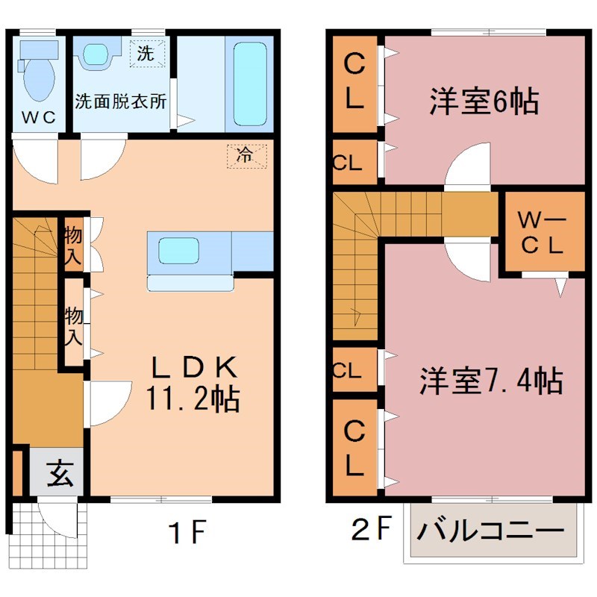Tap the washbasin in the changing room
[x=96, y=54]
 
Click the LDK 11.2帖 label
[x=196, y=383]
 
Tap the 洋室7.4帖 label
[x=490, y=381]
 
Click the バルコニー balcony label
[x=490, y=532]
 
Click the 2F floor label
[x=371, y=530]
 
